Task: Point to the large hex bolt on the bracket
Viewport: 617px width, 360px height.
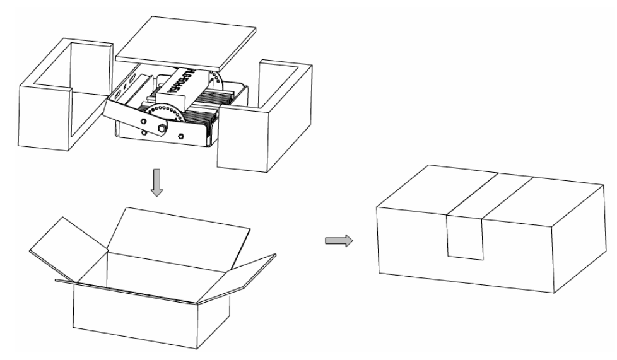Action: tap(162, 129)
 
